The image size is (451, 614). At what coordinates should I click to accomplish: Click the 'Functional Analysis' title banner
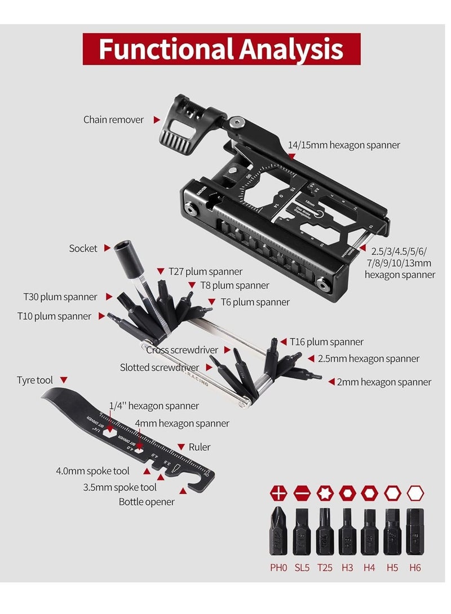point(222,49)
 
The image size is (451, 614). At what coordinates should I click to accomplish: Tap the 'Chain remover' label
point(113,119)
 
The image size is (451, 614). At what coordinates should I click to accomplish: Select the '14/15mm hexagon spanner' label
point(344,145)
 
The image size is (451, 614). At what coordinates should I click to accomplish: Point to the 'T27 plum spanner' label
point(206,272)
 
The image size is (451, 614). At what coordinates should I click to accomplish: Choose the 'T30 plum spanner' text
point(60,297)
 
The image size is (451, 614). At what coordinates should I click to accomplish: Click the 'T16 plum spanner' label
point(326,342)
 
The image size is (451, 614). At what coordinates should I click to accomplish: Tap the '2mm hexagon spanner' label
point(384,382)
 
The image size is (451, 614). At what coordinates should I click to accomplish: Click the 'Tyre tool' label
point(35,380)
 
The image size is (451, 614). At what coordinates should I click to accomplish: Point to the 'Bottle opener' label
point(147,501)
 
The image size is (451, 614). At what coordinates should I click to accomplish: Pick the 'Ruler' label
point(200,447)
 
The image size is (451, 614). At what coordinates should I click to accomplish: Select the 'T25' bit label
point(324,568)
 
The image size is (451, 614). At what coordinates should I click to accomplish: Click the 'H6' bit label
point(415,568)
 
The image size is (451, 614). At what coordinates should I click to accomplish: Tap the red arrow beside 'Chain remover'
point(157,119)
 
